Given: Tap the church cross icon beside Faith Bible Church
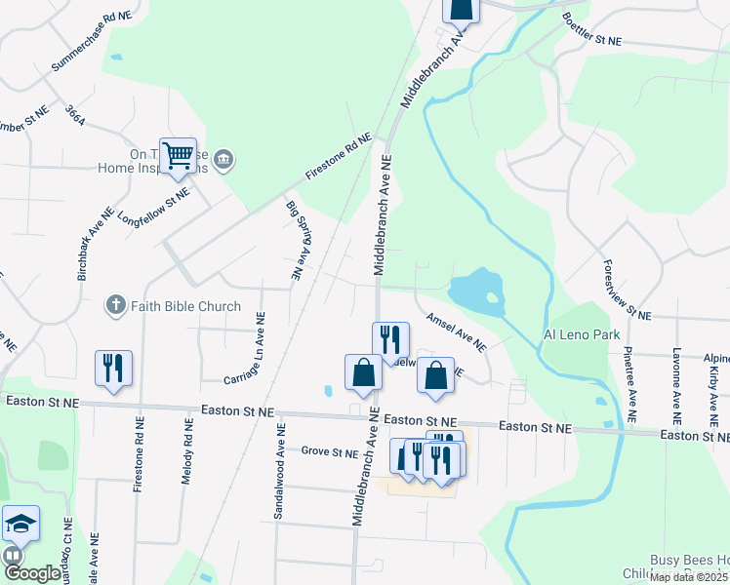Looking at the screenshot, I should tap(115, 306).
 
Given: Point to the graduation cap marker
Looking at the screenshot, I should tap(20, 525).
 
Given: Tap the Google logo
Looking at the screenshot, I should tap(32, 573).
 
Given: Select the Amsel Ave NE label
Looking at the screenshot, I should tap(456, 332).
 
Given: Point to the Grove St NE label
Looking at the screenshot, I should tap(330, 451).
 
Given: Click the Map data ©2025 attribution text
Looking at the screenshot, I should tap(689, 577).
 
